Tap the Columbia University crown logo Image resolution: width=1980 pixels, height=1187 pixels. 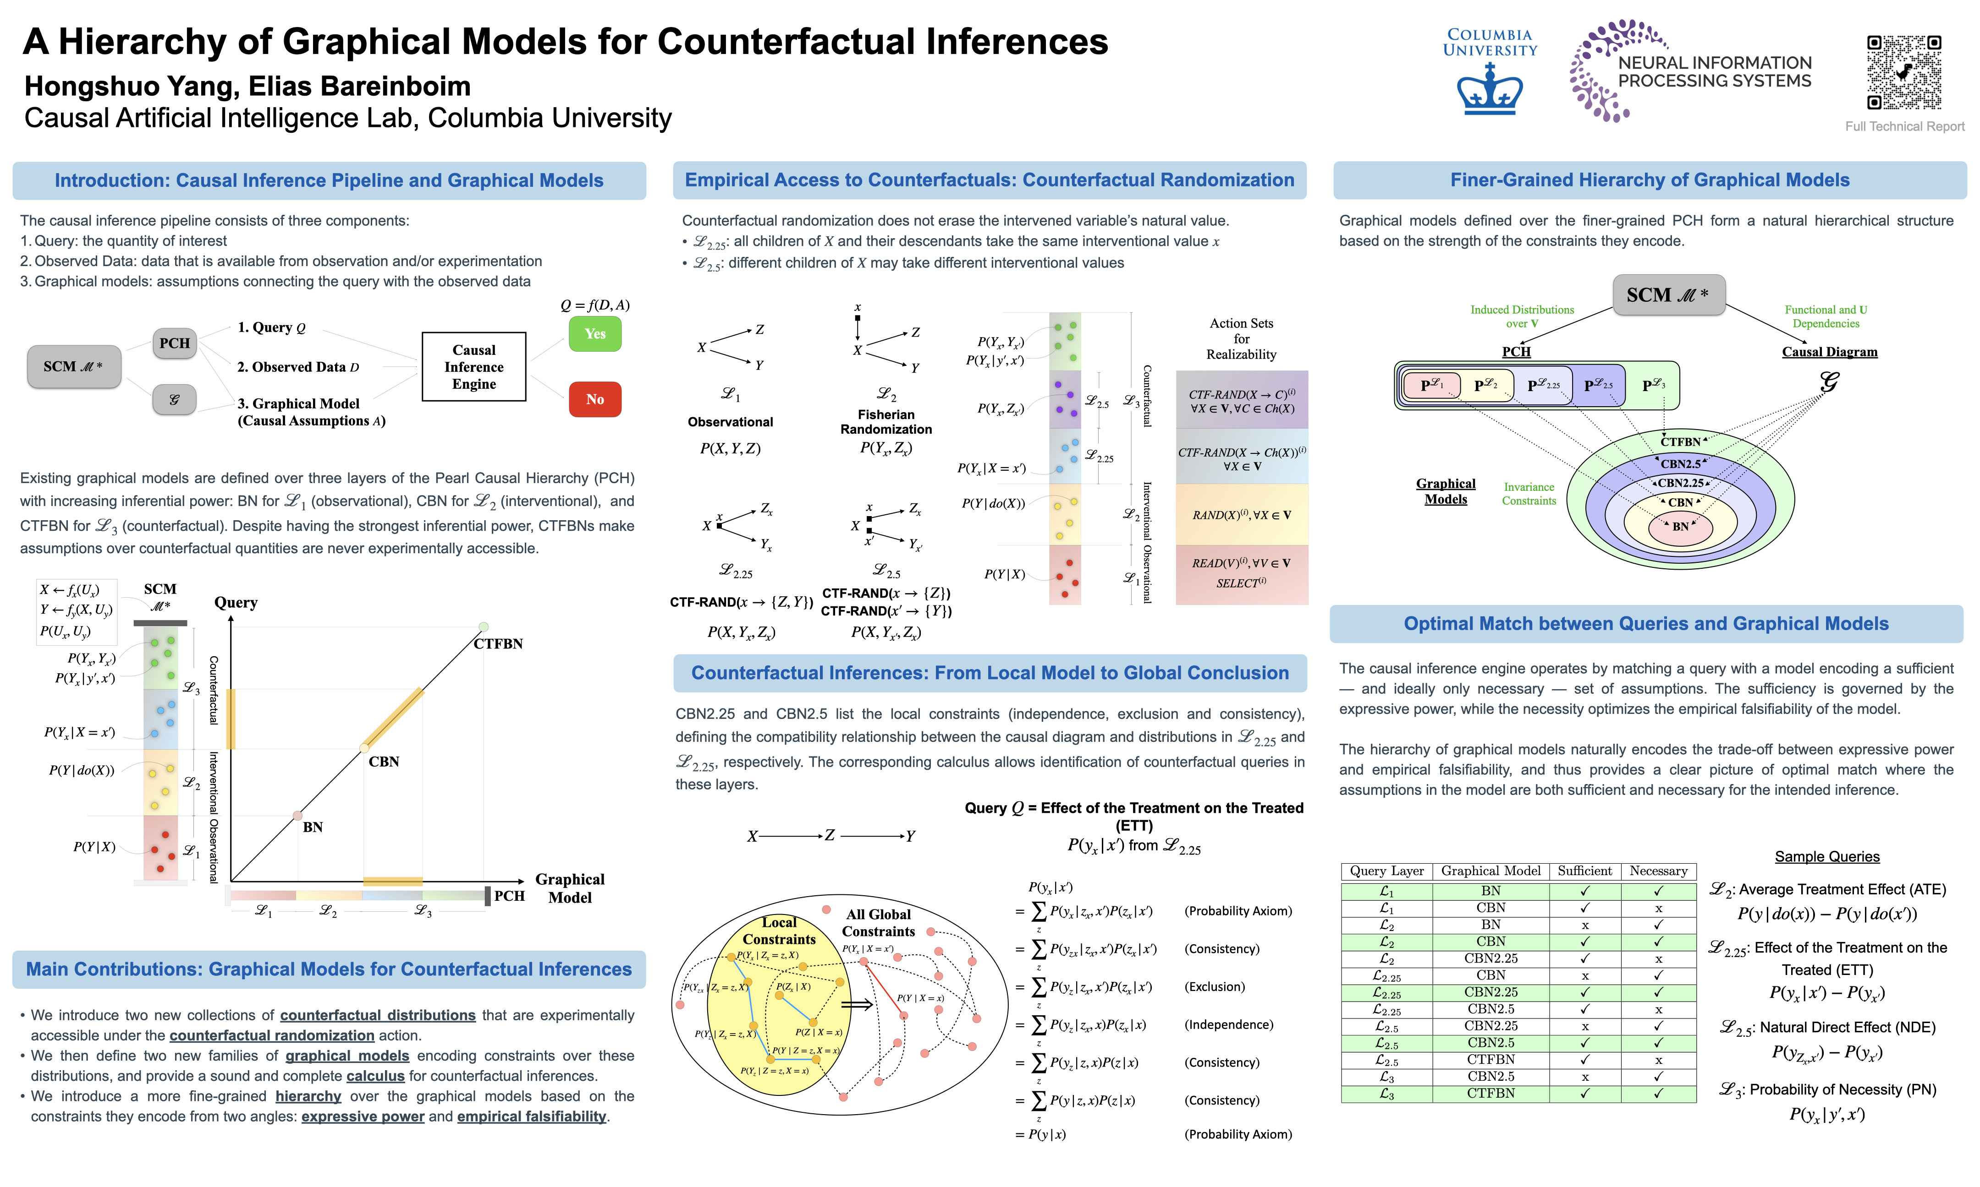pyautogui.click(x=1490, y=90)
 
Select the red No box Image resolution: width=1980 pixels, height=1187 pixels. pyautogui.click(x=594, y=399)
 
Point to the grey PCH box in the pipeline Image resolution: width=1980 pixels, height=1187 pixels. pyautogui.click(x=175, y=343)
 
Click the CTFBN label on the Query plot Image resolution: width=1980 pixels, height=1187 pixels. pyautogui.click(x=498, y=644)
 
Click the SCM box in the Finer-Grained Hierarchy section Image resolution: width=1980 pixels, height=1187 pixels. pyautogui.click(x=1668, y=295)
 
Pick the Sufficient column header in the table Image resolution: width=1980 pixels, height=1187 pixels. pyautogui.click(x=1584, y=871)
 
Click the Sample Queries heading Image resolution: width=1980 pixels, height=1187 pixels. pyautogui.click(x=1826, y=857)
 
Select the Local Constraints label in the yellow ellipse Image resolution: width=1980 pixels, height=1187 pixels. pyautogui.click(x=779, y=931)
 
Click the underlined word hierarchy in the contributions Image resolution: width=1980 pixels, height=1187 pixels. pyautogui.click(x=308, y=1096)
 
